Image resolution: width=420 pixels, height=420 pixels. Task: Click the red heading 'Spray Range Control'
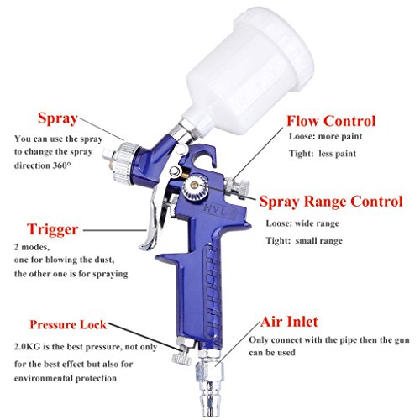pos(331,202)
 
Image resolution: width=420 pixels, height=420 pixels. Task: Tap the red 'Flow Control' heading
pos(331,121)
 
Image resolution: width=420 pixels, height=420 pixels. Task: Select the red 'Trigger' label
pos(52,229)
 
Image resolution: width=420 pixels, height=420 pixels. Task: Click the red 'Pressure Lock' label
pos(68,324)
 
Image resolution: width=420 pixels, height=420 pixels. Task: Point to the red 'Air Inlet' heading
pos(289,322)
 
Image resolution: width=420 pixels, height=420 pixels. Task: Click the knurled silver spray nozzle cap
pos(125,163)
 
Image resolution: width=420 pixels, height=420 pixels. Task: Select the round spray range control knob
pos(196,186)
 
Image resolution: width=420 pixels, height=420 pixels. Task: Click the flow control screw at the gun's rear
pos(237,187)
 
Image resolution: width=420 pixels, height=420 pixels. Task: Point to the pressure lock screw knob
pos(181,354)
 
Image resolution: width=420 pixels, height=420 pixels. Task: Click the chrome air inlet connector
pos(210,385)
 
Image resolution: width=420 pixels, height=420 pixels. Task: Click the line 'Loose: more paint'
pos(326,136)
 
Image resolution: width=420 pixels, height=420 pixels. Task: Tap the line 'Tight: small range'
pos(304,241)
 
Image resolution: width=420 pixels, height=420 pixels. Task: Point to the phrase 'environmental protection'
pos(66,378)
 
